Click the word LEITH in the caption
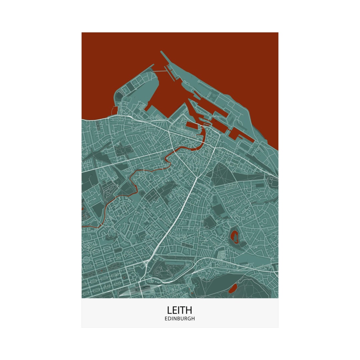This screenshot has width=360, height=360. [x=180, y=310]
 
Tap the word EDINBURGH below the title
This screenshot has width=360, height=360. [x=180, y=319]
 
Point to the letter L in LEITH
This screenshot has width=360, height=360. [x=169, y=310]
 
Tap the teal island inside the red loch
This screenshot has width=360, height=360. [x=235, y=237]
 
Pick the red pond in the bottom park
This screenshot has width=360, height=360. [x=232, y=288]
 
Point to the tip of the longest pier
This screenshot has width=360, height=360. [x=161, y=52]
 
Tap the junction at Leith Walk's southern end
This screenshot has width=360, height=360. [x=146, y=263]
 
